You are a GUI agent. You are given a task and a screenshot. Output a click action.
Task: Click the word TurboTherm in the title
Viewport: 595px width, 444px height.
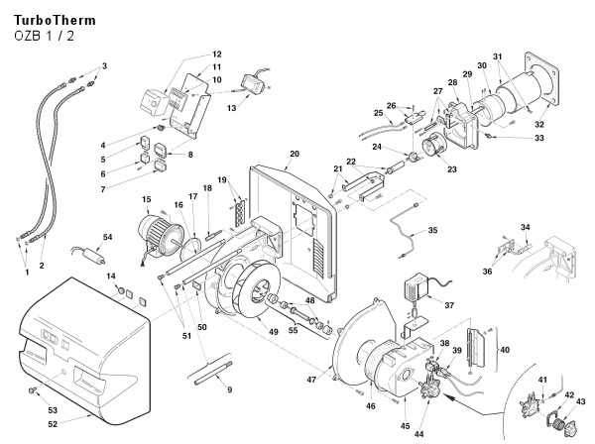55,20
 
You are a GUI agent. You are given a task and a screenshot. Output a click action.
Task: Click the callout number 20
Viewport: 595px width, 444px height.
295,154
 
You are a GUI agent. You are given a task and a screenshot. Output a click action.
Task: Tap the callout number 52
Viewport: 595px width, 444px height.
53,424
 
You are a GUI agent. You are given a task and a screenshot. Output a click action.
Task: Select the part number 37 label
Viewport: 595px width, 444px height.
449,305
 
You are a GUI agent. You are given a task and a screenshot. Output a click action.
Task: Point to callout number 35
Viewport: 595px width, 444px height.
432,230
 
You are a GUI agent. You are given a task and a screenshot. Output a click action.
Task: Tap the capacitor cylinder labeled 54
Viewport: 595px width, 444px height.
94,256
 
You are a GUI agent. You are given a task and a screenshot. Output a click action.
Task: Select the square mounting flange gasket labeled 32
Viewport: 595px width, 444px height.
541,78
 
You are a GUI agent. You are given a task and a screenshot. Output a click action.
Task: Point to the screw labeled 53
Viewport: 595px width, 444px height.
32,389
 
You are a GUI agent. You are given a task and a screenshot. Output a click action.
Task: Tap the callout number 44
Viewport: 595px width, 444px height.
418,434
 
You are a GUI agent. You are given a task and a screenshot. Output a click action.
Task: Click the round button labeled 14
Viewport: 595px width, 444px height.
121,290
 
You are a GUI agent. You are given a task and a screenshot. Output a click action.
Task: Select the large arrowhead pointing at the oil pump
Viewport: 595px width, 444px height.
449,397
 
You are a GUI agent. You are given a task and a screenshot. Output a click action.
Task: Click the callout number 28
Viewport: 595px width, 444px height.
453,82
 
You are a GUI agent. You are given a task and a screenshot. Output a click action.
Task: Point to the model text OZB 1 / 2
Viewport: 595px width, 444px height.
44,36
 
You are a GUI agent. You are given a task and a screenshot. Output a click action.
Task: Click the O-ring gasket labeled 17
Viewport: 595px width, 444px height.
192,247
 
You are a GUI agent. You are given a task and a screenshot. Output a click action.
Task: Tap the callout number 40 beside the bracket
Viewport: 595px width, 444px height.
505,350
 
